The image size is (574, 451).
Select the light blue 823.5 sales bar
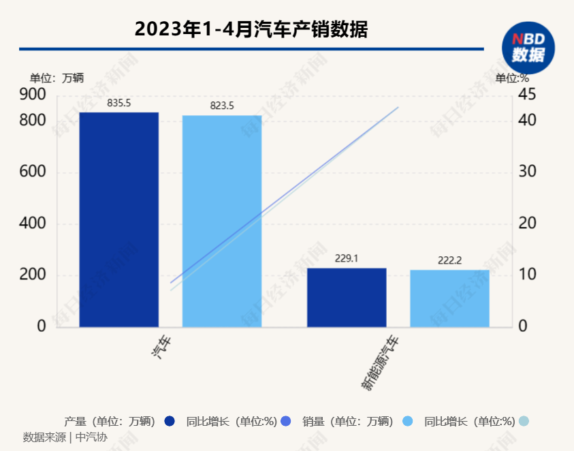pos(222,221)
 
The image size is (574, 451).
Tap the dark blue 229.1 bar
pos(347,297)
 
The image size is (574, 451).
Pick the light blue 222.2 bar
pos(449,298)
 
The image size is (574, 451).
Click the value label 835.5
pos(119,103)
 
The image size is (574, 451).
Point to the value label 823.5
pos(222,106)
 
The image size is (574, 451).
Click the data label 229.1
pos(347,259)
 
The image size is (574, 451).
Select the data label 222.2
pos(449,261)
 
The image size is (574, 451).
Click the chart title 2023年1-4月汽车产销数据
pos(251,29)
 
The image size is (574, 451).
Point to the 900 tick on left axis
pos(32,94)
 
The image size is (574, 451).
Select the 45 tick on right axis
pos(528,94)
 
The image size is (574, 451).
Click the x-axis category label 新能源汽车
pos(380,364)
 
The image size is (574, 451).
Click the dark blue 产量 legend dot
pos(170,421)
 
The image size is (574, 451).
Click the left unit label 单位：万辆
pos(57,78)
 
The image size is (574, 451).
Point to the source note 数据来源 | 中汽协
pos(65,437)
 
